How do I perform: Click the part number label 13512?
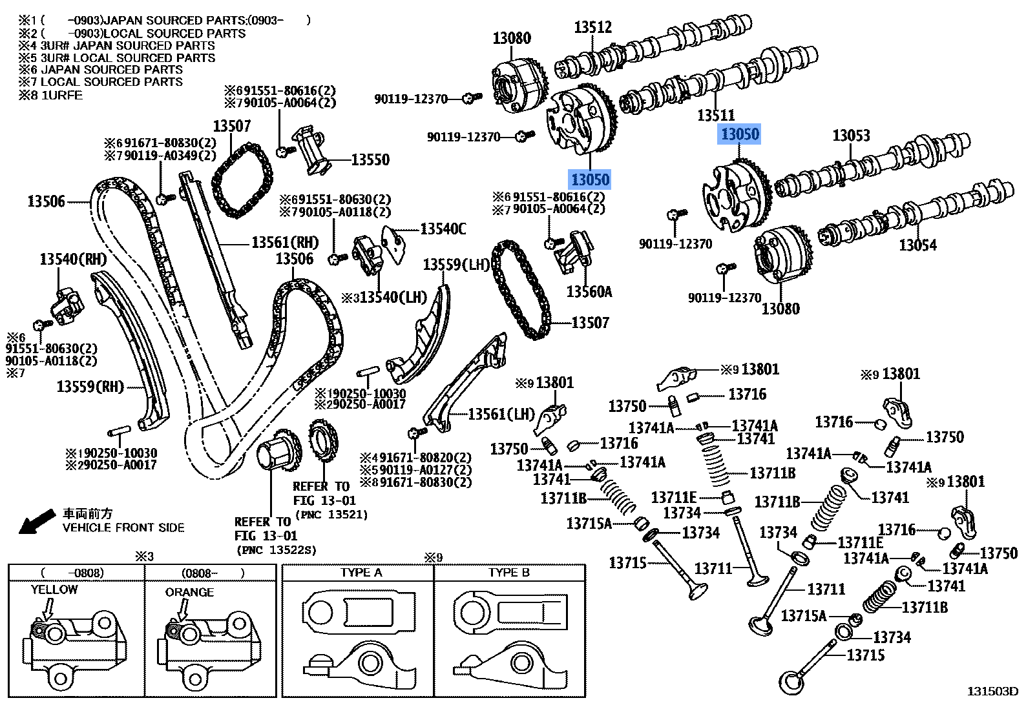(593, 28)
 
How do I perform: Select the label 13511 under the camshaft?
(716, 116)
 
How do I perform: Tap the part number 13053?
(851, 136)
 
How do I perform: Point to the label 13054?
(917, 245)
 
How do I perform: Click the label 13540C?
(443, 229)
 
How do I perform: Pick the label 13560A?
(589, 292)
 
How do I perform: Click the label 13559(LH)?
(457, 265)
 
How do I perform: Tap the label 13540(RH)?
(72, 259)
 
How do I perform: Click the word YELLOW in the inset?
(54, 589)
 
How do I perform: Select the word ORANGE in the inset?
(189, 592)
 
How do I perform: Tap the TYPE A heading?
(361, 573)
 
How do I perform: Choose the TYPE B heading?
(509, 573)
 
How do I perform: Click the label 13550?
(370, 159)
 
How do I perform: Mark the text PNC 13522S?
(277, 549)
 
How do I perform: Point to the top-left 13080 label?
(512, 38)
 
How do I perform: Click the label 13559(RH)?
(90, 387)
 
